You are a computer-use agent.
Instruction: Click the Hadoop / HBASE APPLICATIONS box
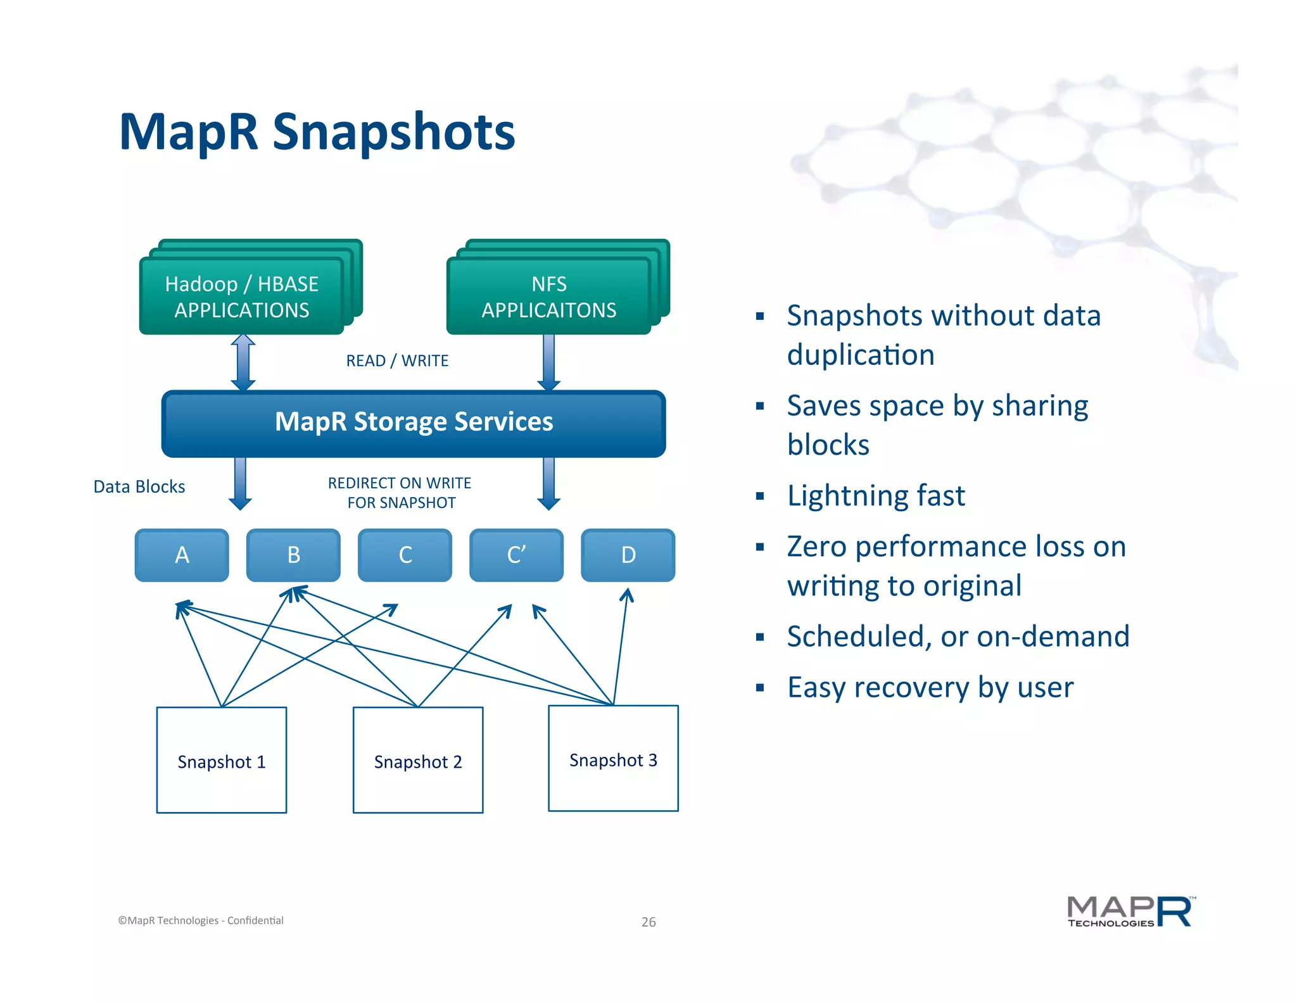(241, 296)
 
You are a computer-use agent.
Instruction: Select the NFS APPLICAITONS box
(548, 296)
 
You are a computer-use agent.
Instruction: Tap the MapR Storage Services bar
(414, 423)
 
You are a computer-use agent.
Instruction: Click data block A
(182, 555)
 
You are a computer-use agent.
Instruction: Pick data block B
(293, 555)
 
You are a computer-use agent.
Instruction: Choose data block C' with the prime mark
(516, 555)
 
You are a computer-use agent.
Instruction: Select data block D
(628, 555)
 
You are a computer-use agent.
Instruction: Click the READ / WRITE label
(397, 360)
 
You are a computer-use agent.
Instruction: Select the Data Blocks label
(139, 486)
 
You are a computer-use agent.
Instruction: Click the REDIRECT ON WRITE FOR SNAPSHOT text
(400, 493)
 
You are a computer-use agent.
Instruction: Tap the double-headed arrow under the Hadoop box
(243, 362)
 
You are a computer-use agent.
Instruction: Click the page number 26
(648, 922)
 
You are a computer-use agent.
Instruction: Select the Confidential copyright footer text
(201, 920)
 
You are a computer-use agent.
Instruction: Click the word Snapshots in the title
(393, 132)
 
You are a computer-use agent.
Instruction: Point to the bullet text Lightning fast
(876, 495)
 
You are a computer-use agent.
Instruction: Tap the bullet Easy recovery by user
(930, 687)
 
